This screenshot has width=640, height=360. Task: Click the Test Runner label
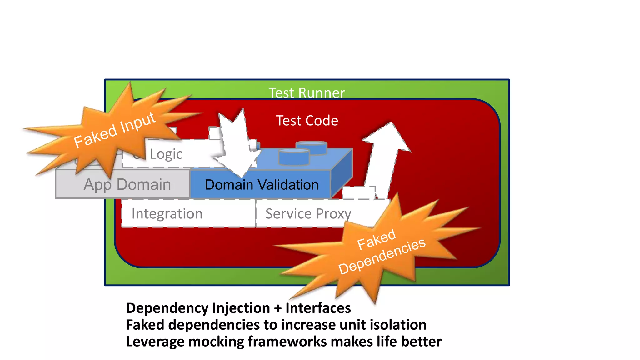click(307, 93)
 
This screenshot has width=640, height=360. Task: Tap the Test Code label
click(307, 121)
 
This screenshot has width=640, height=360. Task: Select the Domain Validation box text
click(261, 185)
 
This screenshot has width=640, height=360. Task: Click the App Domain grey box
click(127, 184)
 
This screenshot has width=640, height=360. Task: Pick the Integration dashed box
click(167, 214)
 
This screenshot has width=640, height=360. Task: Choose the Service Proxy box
click(308, 214)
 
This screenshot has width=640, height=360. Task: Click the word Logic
click(166, 154)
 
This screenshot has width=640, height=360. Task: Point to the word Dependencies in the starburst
click(382, 256)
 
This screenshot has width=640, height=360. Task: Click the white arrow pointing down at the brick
click(237, 144)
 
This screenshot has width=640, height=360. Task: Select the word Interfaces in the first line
click(318, 308)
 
